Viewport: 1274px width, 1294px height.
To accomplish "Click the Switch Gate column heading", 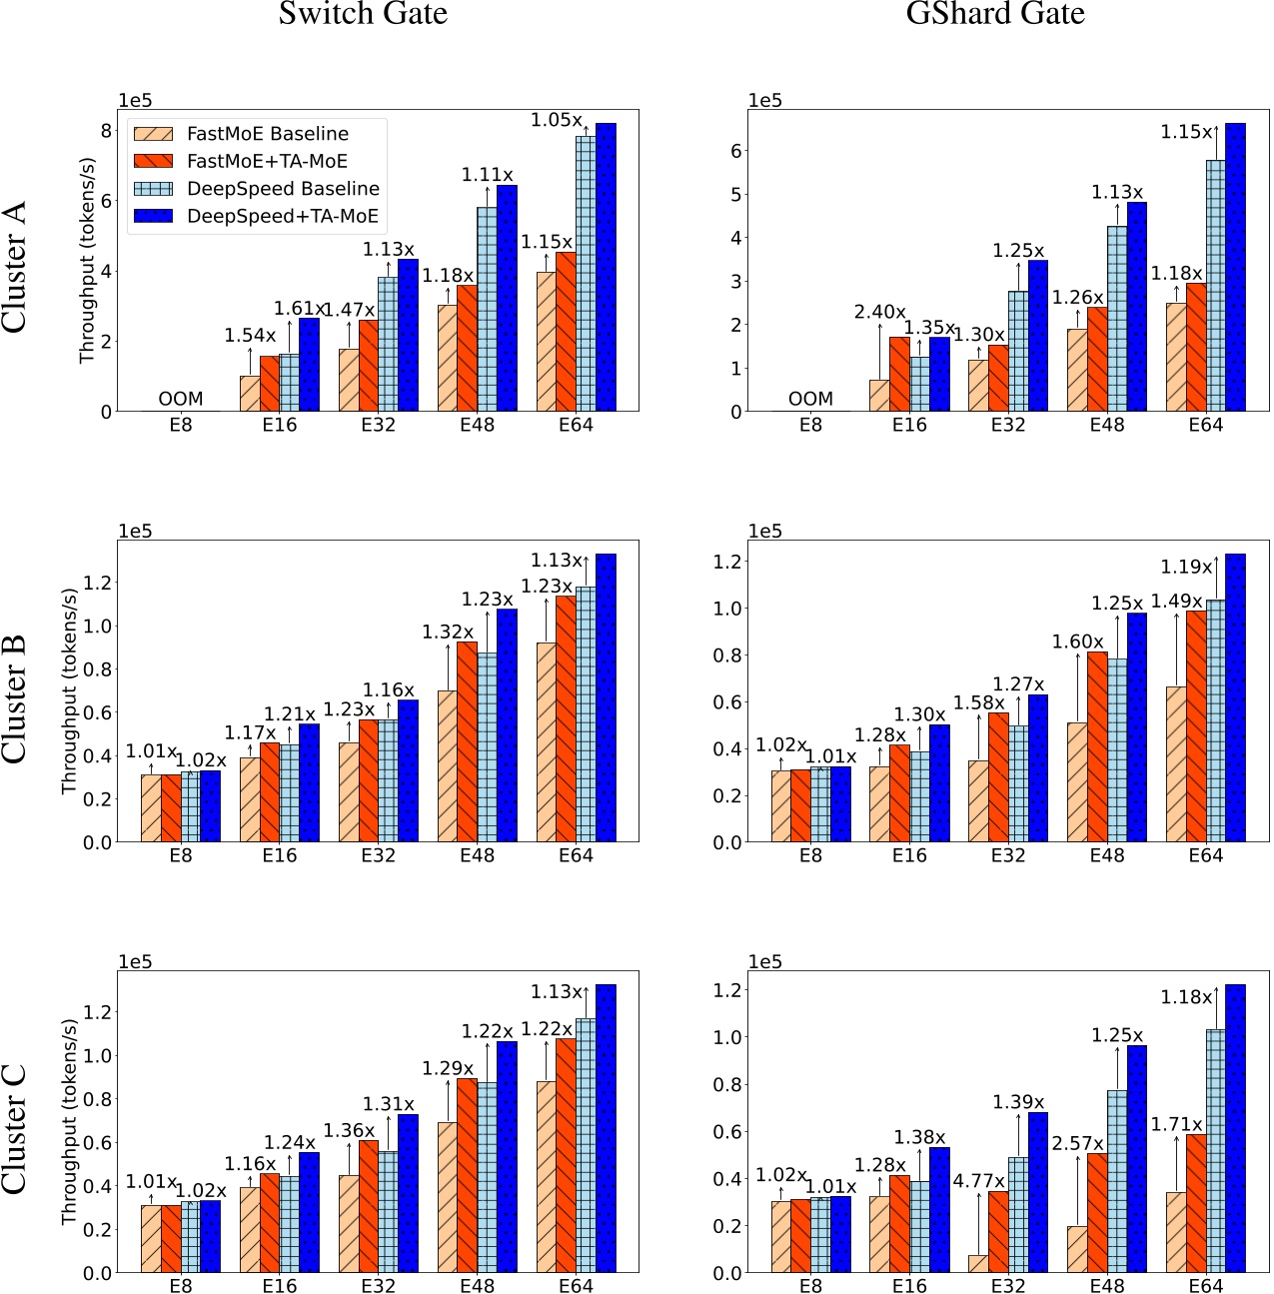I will pyautogui.click(x=363, y=14).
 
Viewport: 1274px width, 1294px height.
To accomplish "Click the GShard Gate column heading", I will pyautogui.click(x=994, y=14).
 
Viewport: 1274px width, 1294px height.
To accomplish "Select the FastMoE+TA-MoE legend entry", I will pyautogui.click(x=267, y=161).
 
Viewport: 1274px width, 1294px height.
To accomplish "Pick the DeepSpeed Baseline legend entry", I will pyautogui.click(x=283, y=189).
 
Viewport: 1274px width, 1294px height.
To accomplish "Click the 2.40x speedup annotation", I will pyautogui.click(x=879, y=312).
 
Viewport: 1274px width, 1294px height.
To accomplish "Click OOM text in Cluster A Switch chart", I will pyautogui.click(x=180, y=399).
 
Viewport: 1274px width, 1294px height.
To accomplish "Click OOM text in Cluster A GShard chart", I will pyautogui.click(x=810, y=399).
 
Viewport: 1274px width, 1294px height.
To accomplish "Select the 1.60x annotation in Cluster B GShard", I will pyautogui.click(x=1077, y=642).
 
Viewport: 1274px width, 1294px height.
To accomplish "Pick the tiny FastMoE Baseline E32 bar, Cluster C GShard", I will pyautogui.click(x=977, y=1263).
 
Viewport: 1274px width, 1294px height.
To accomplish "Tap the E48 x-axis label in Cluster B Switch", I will pyautogui.click(x=477, y=855).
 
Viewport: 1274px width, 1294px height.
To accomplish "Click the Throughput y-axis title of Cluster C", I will pyautogui.click(x=69, y=1122).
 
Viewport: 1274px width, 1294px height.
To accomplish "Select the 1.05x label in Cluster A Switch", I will pyautogui.click(x=556, y=120).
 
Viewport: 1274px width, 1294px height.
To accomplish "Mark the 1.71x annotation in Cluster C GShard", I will pyautogui.click(x=1176, y=1125).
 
